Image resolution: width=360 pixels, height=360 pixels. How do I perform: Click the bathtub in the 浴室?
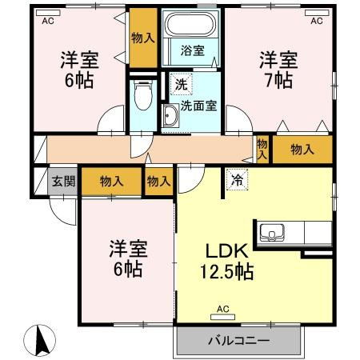tap(190, 24)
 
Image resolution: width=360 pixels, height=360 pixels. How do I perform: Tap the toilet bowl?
tap(143, 94)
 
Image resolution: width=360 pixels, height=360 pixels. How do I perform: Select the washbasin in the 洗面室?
tap(170, 115)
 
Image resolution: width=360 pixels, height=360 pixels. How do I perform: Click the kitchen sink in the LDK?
tap(271, 232)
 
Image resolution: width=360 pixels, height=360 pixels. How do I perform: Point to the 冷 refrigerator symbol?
tap(237, 179)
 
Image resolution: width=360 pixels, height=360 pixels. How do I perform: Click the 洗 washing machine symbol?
tap(182, 84)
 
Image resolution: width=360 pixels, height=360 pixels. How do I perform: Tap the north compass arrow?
tap(40, 341)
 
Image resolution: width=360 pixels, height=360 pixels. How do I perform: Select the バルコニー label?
tap(239, 341)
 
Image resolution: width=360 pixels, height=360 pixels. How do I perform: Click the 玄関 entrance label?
tap(63, 182)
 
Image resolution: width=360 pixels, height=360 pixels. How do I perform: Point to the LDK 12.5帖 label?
tap(226, 262)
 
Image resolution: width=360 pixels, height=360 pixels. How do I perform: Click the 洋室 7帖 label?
tap(279, 70)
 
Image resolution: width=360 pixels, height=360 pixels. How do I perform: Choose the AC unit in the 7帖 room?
tap(317, 13)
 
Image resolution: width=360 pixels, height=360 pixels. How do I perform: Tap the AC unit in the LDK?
tap(222, 317)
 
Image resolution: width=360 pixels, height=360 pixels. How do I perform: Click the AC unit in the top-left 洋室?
tap(48, 13)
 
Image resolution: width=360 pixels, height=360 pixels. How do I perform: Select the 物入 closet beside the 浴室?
tap(143, 38)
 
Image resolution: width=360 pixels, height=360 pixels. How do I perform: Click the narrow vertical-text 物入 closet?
tap(262, 149)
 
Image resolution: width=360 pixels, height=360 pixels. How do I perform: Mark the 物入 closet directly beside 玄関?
tap(111, 182)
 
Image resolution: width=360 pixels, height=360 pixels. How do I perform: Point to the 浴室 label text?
tap(193, 50)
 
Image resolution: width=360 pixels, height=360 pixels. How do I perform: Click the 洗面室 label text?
tap(198, 106)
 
